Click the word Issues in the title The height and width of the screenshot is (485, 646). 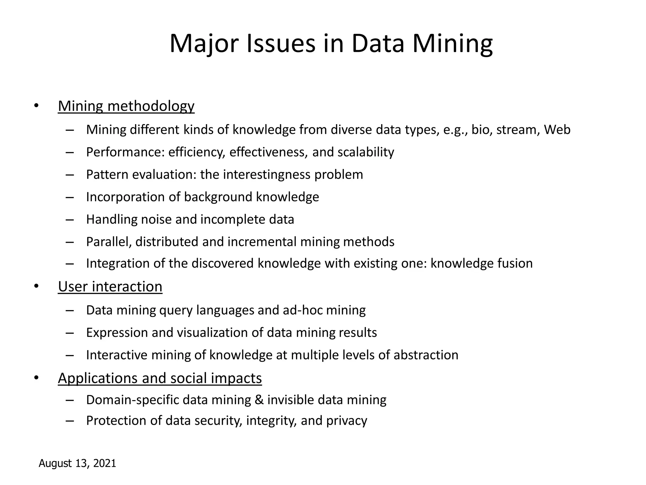tap(281, 44)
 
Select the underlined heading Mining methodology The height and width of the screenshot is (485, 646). tap(126, 106)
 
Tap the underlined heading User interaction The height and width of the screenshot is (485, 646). tap(110, 287)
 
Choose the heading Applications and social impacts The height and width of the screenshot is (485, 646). tap(160, 378)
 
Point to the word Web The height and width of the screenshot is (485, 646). tap(557, 130)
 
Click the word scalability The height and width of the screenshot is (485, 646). tap(366, 152)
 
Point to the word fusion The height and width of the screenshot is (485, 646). tap(515, 263)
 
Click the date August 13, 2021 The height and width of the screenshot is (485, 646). tap(78, 463)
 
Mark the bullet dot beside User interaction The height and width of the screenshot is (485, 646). tap(36, 286)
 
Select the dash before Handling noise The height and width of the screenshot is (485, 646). tap(70, 219)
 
